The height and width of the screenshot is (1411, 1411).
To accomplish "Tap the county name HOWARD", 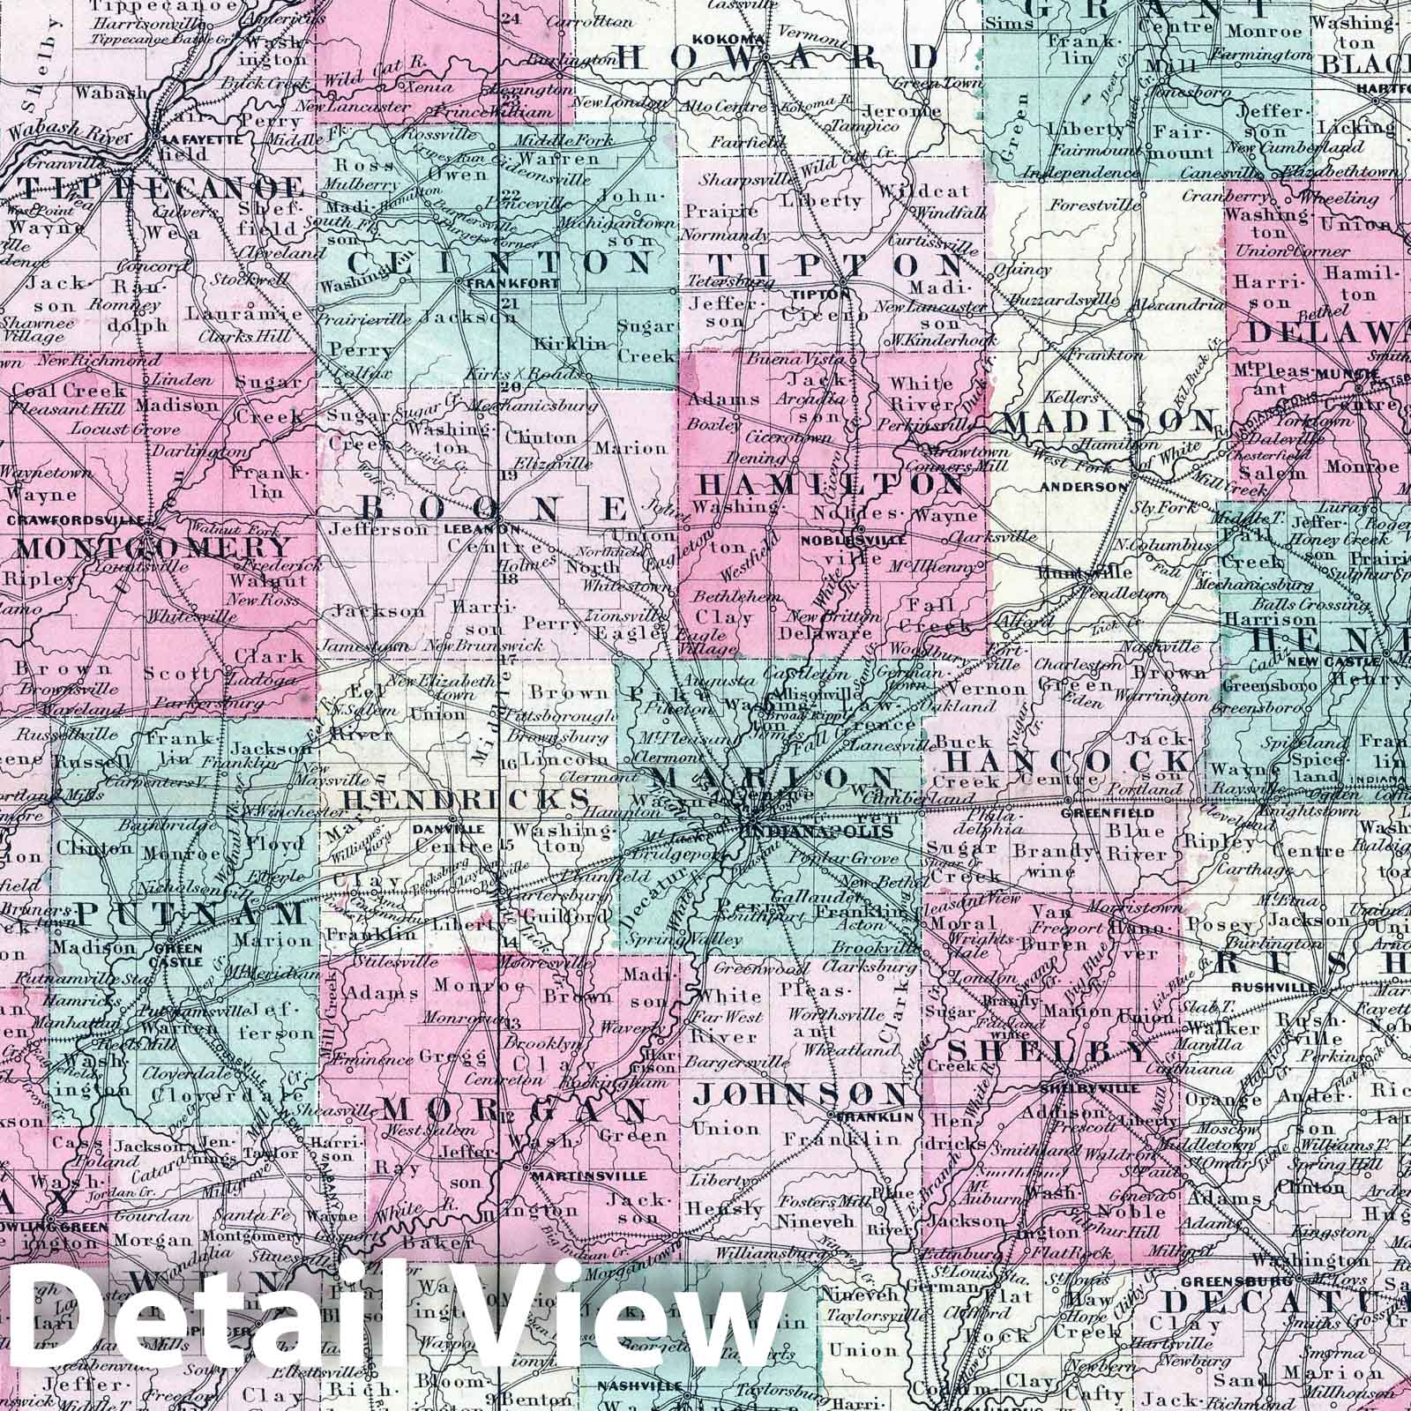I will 779,58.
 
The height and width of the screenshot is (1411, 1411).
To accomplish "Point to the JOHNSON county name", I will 799,1094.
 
